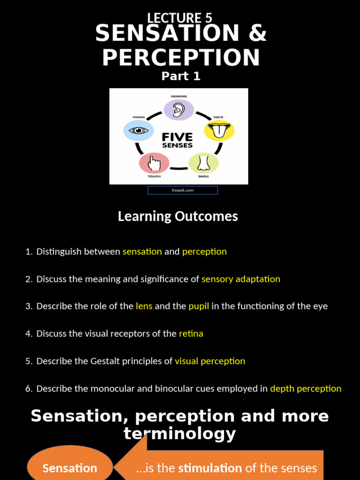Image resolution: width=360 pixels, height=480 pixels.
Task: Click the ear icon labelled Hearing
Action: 179,110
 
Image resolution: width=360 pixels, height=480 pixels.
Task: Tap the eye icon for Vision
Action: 138,130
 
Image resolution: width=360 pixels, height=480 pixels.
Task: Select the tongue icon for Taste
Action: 219,130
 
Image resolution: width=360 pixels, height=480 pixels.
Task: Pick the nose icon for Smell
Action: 203,163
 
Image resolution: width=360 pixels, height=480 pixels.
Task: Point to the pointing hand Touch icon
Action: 154,163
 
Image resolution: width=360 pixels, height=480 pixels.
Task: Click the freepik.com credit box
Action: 183,190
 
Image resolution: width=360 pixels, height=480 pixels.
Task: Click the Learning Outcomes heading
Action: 178,216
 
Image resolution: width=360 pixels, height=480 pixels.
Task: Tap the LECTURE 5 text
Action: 180,18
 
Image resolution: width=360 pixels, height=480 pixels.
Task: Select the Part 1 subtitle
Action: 181,76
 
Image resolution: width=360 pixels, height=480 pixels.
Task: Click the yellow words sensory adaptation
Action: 241,279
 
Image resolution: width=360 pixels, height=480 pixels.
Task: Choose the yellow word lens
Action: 144,306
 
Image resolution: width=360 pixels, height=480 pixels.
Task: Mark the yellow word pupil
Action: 199,306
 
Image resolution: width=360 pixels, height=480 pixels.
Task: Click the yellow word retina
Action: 191,334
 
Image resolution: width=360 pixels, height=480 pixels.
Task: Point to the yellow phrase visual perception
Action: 210,361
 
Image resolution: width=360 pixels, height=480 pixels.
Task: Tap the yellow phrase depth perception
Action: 306,389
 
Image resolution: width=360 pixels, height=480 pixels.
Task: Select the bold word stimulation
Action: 210,468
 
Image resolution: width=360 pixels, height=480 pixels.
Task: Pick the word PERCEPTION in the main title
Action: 181,57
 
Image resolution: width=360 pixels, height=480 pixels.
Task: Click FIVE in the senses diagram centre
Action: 177,137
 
